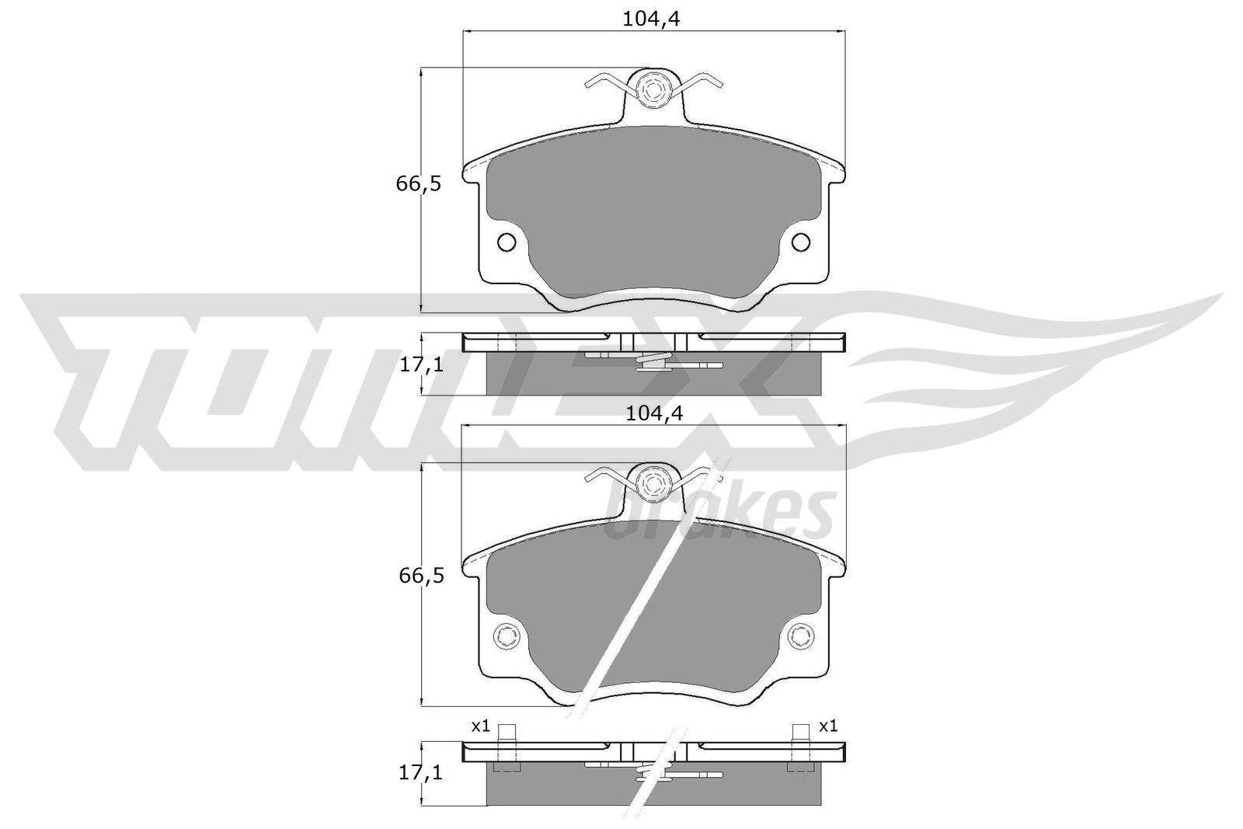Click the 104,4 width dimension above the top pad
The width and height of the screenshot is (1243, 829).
(x=651, y=19)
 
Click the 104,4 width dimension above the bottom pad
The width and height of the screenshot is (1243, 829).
(x=653, y=414)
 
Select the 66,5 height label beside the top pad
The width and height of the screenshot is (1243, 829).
(x=418, y=185)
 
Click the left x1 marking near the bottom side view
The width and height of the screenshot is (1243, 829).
(x=480, y=726)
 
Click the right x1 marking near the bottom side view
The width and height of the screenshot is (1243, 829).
(x=828, y=726)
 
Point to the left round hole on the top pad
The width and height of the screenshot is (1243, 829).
(x=506, y=242)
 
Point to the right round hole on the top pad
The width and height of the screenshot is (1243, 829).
(x=800, y=242)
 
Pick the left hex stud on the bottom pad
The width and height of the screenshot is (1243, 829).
(x=506, y=636)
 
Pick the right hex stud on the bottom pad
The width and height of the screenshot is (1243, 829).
(x=800, y=636)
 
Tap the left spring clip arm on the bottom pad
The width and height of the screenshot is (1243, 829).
(x=605, y=474)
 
